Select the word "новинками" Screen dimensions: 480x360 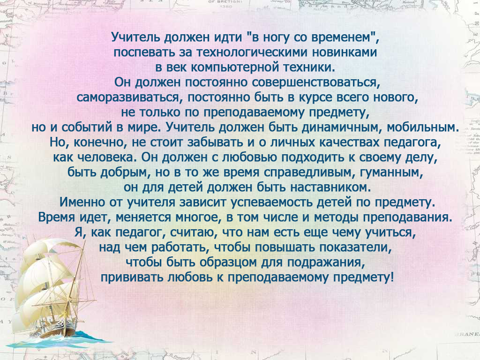point(345,52)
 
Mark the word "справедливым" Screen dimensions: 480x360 point(310,172)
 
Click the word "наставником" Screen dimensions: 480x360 point(330,187)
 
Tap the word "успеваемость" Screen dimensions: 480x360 point(271,202)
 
